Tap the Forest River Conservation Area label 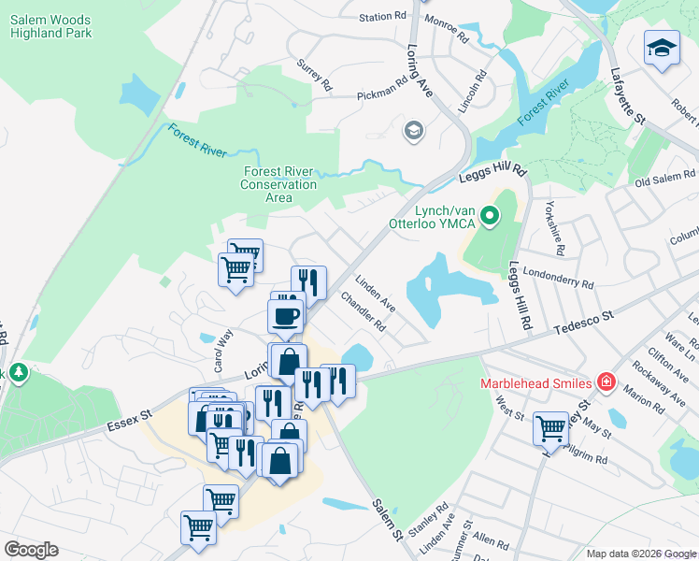[279, 184]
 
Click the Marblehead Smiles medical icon [606, 382]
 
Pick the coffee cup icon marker [286, 314]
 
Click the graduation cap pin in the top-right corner [661, 48]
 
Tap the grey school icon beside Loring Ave [412, 130]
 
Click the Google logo [31, 550]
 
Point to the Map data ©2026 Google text [640, 554]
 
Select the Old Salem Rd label [666, 178]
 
